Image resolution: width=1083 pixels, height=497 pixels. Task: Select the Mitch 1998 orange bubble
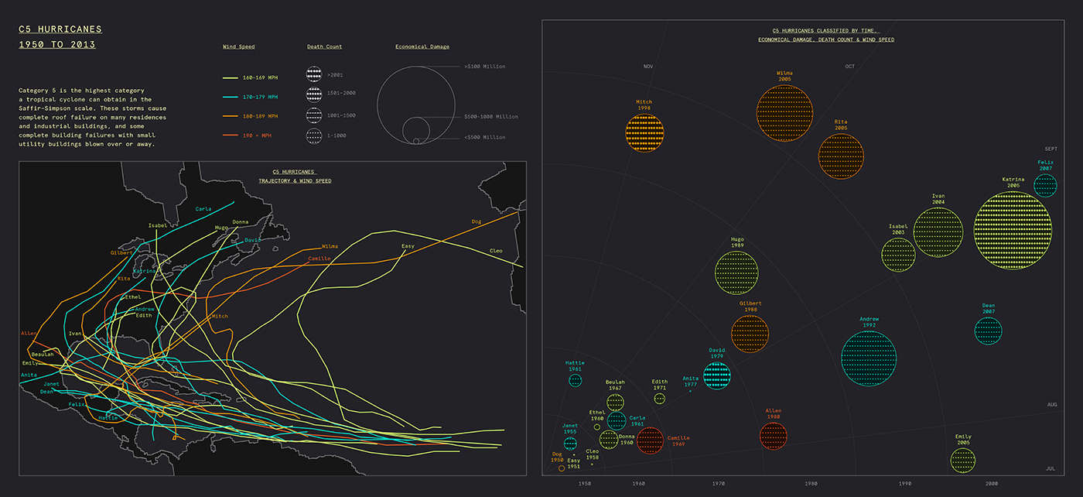(x=644, y=132)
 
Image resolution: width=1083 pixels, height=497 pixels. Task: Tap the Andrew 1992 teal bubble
(x=869, y=358)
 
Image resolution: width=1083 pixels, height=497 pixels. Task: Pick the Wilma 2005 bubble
(x=784, y=113)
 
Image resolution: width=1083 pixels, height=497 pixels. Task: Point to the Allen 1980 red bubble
(x=774, y=435)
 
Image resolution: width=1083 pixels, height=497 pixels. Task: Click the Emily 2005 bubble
(x=963, y=460)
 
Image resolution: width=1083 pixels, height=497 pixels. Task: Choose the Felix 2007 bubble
(x=1045, y=186)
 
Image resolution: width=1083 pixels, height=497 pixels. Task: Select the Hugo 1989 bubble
(x=736, y=272)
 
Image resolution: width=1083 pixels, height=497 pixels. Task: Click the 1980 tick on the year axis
(x=811, y=483)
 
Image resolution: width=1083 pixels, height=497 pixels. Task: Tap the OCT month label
(x=849, y=67)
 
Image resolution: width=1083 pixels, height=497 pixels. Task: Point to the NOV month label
(x=648, y=67)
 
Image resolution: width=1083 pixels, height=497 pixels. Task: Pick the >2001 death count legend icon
(x=313, y=75)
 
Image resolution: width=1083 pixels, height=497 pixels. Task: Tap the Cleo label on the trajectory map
(x=496, y=251)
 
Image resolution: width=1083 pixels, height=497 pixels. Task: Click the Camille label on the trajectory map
(x=319, y=259)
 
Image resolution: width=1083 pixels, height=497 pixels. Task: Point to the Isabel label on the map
(x=158, y=225)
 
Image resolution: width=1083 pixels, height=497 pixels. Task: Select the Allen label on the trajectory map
(x=29, y=333)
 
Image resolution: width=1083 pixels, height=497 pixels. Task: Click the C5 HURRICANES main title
(x=60, y=29)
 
